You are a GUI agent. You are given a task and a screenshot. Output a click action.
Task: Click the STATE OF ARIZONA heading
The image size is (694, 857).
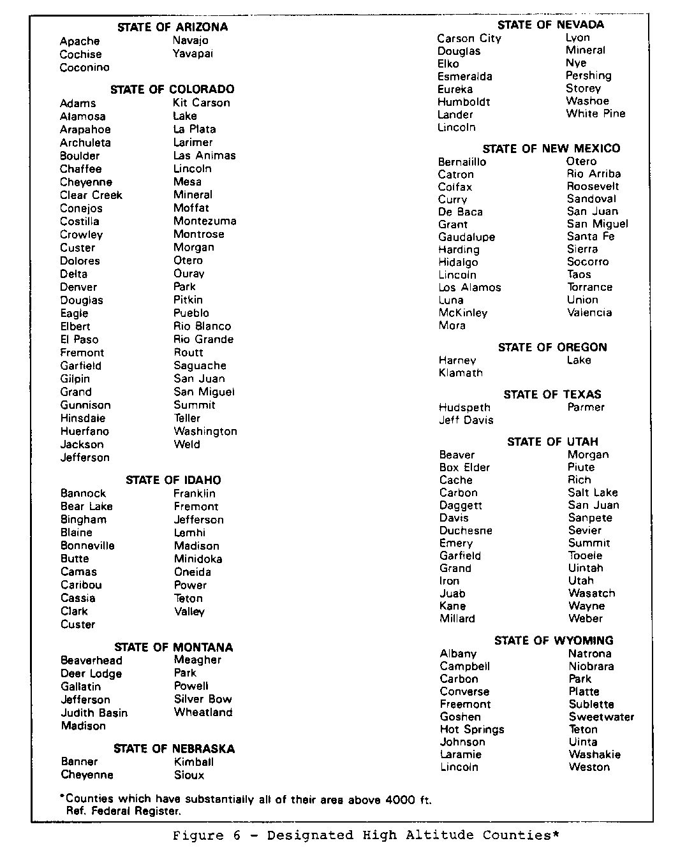pos(172,27)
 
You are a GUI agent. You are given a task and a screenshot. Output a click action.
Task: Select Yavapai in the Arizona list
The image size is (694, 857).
pos(193,54)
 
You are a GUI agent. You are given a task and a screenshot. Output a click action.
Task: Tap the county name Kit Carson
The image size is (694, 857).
pos(202,103)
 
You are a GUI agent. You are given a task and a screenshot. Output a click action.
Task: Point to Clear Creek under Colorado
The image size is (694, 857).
pos(91,195)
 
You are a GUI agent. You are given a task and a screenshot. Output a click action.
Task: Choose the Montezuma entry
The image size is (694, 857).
pos(205,221)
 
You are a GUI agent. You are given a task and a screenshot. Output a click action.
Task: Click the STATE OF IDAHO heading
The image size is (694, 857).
pos(173,480)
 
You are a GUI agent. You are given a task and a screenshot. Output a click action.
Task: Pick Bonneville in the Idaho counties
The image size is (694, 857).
pos(87,546)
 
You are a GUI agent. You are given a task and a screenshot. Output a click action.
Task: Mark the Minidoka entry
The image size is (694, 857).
pos(198,559)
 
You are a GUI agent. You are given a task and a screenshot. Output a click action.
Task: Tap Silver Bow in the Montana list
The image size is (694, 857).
pos(203,700)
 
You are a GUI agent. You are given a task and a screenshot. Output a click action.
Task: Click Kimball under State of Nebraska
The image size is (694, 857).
pos(193,762)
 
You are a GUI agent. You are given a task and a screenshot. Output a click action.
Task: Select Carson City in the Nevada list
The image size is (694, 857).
pos(469,38)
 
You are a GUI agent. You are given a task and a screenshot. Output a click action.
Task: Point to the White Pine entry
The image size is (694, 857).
pos(596,114)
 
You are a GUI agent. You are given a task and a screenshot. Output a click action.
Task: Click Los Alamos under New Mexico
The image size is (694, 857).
pos(469,288)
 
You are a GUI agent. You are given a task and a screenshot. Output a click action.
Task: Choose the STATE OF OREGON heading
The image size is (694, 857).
pos(552,348)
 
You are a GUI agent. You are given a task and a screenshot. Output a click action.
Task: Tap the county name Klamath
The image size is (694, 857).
pos(461,373)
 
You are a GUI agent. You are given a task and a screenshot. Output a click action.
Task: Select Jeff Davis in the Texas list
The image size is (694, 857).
pos(466,420)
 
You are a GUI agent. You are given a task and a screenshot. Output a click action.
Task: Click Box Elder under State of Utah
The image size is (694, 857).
pos(464,467)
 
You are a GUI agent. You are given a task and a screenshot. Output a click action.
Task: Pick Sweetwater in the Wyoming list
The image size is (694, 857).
pos(602,717)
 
